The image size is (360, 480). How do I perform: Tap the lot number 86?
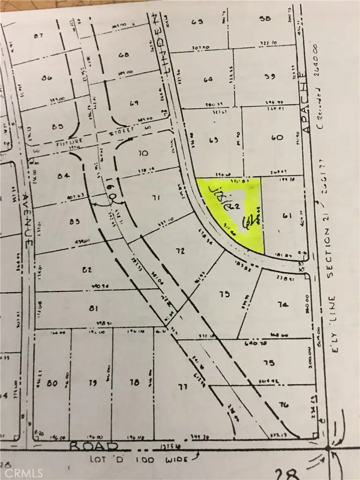46,78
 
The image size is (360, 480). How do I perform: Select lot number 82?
86,269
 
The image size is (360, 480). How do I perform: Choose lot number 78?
135,382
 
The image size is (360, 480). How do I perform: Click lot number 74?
282,304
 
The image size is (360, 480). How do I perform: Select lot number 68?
124,55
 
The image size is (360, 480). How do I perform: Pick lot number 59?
269,76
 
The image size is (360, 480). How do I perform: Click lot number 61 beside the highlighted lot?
287,215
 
